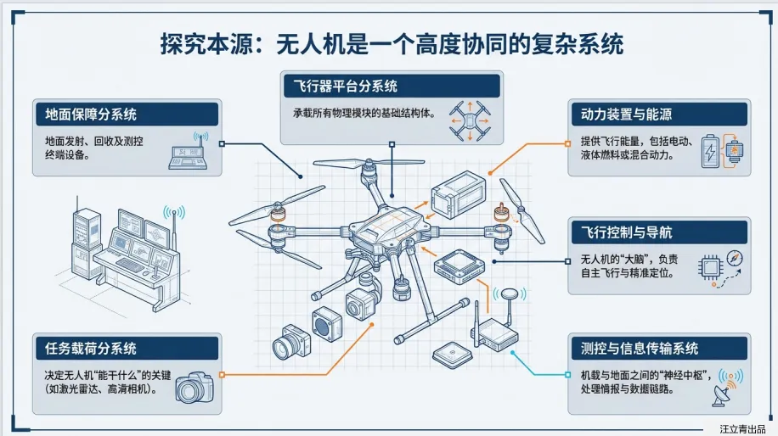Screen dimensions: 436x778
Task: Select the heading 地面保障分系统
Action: click(86, 114)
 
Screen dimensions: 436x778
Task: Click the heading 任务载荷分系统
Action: click(86, 348)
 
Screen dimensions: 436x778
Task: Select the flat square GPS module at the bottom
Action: click(449, 354)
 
